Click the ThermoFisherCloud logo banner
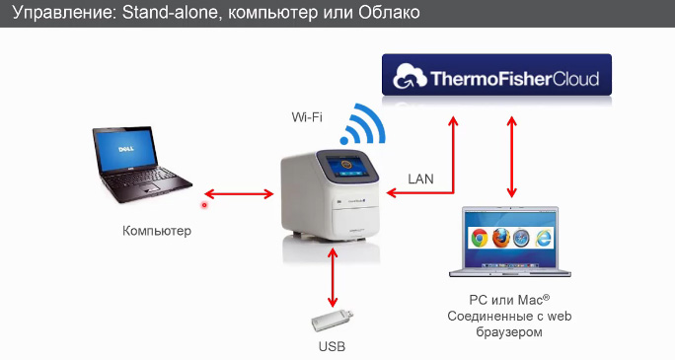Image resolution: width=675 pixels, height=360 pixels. (496, 77)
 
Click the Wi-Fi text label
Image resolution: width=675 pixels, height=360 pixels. (305, 117)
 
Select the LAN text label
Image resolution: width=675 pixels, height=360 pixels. (421, 179)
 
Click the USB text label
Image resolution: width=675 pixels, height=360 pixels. (333, 347)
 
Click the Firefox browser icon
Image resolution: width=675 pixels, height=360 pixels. (501, 237)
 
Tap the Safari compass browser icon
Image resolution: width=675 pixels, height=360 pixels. (523, 237)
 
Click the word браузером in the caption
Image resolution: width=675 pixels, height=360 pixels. (509, 333)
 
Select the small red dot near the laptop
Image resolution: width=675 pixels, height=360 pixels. (204, 205)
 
